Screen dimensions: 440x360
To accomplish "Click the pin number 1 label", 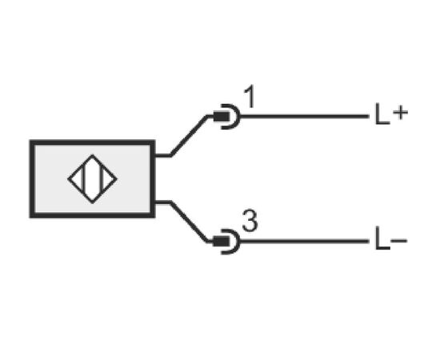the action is pos(250,96).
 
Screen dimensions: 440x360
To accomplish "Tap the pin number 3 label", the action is pos(250,221).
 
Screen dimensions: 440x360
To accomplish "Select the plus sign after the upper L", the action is pos(400,114).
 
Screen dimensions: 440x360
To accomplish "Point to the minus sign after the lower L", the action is pos(398,240).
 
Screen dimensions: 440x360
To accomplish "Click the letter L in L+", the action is pos(382,114).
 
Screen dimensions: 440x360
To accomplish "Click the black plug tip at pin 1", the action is pos(221,117).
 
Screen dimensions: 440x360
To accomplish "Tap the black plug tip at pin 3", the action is pos(221,242).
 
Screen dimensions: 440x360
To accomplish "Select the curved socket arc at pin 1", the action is pos(238,117).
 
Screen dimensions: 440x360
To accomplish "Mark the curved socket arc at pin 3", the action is pos(238,242).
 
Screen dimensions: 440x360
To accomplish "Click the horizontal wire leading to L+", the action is pos(305,116).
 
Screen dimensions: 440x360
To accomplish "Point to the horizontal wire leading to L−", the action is pos(305,241).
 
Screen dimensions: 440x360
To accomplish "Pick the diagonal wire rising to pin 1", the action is pos(189,135).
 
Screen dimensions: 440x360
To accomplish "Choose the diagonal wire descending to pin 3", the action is pos(189,222).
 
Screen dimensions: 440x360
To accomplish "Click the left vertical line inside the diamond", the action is pos(82,178).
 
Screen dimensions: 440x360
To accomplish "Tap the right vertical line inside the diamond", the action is pos(102,178).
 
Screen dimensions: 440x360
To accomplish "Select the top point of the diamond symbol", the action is pos(92,155).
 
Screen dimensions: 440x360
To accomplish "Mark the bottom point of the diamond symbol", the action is pos(92,202).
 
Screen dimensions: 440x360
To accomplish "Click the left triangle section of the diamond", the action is pos(76,178).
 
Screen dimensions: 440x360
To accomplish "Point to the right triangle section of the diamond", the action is pos(108,178).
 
